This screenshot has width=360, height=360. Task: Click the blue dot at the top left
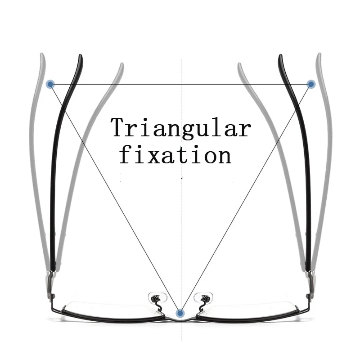(50, 84)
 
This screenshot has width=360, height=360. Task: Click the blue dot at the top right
(310, 84)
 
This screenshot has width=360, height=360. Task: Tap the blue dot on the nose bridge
(180, 312)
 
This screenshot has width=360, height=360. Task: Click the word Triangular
(180, 127)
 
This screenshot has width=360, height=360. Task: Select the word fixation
(175, 155)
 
